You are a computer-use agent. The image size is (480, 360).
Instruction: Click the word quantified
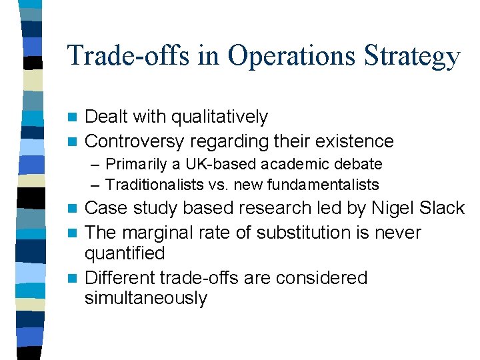(x=125, y=254)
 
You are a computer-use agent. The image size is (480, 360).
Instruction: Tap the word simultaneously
(x=146, y=298)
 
